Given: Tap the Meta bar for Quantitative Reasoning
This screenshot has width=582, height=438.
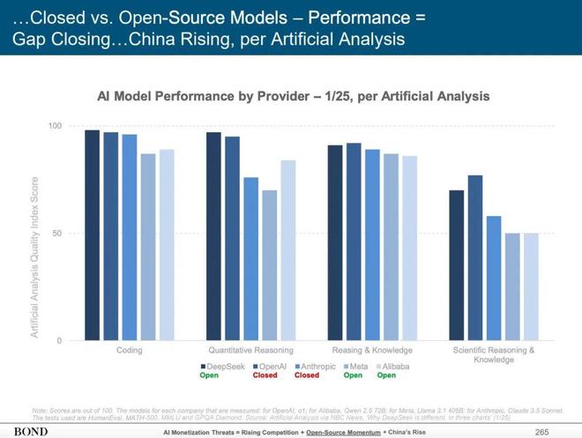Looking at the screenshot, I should (269, 265).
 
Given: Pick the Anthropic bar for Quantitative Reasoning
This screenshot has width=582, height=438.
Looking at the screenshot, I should (250, 259).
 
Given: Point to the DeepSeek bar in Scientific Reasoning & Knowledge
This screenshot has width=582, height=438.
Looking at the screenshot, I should (456, 265).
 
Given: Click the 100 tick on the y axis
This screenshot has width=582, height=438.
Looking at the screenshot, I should (54, 127).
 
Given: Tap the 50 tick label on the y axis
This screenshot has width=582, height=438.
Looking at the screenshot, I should (56, 234).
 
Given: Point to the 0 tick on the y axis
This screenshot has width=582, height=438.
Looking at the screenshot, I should (58, 340).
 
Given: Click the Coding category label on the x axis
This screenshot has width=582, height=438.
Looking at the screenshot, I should (129, 350).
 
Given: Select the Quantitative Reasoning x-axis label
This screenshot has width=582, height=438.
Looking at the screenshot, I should (250, 350).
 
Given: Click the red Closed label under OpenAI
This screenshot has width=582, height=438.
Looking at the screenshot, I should (265, 375).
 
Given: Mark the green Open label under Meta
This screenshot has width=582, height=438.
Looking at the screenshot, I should (353, 375).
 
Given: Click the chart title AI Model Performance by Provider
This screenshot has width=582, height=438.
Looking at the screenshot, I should (298, 95).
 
